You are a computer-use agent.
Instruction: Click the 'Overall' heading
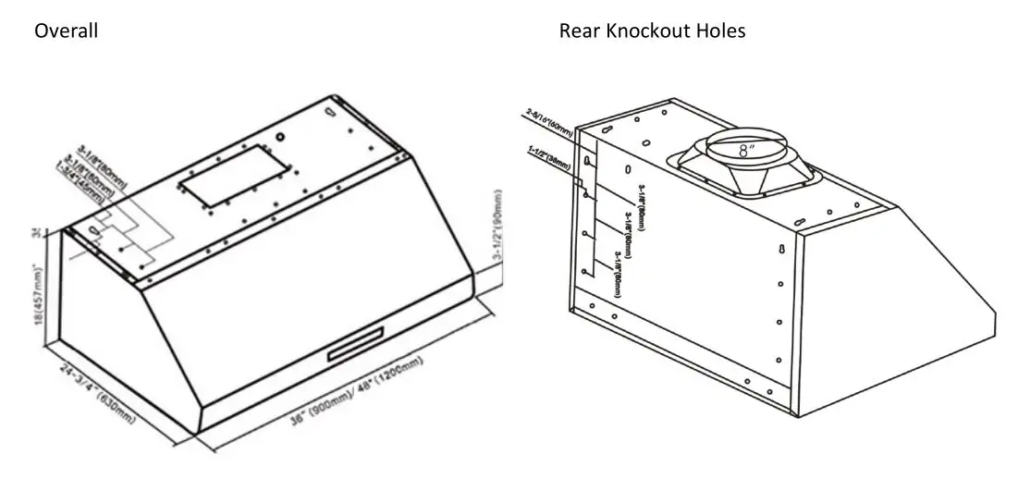coord(67,31)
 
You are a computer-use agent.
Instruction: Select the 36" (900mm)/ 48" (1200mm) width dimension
coord(351,391)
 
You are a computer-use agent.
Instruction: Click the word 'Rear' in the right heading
coord(578,31)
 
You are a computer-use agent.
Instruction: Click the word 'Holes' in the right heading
coord(721,31)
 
